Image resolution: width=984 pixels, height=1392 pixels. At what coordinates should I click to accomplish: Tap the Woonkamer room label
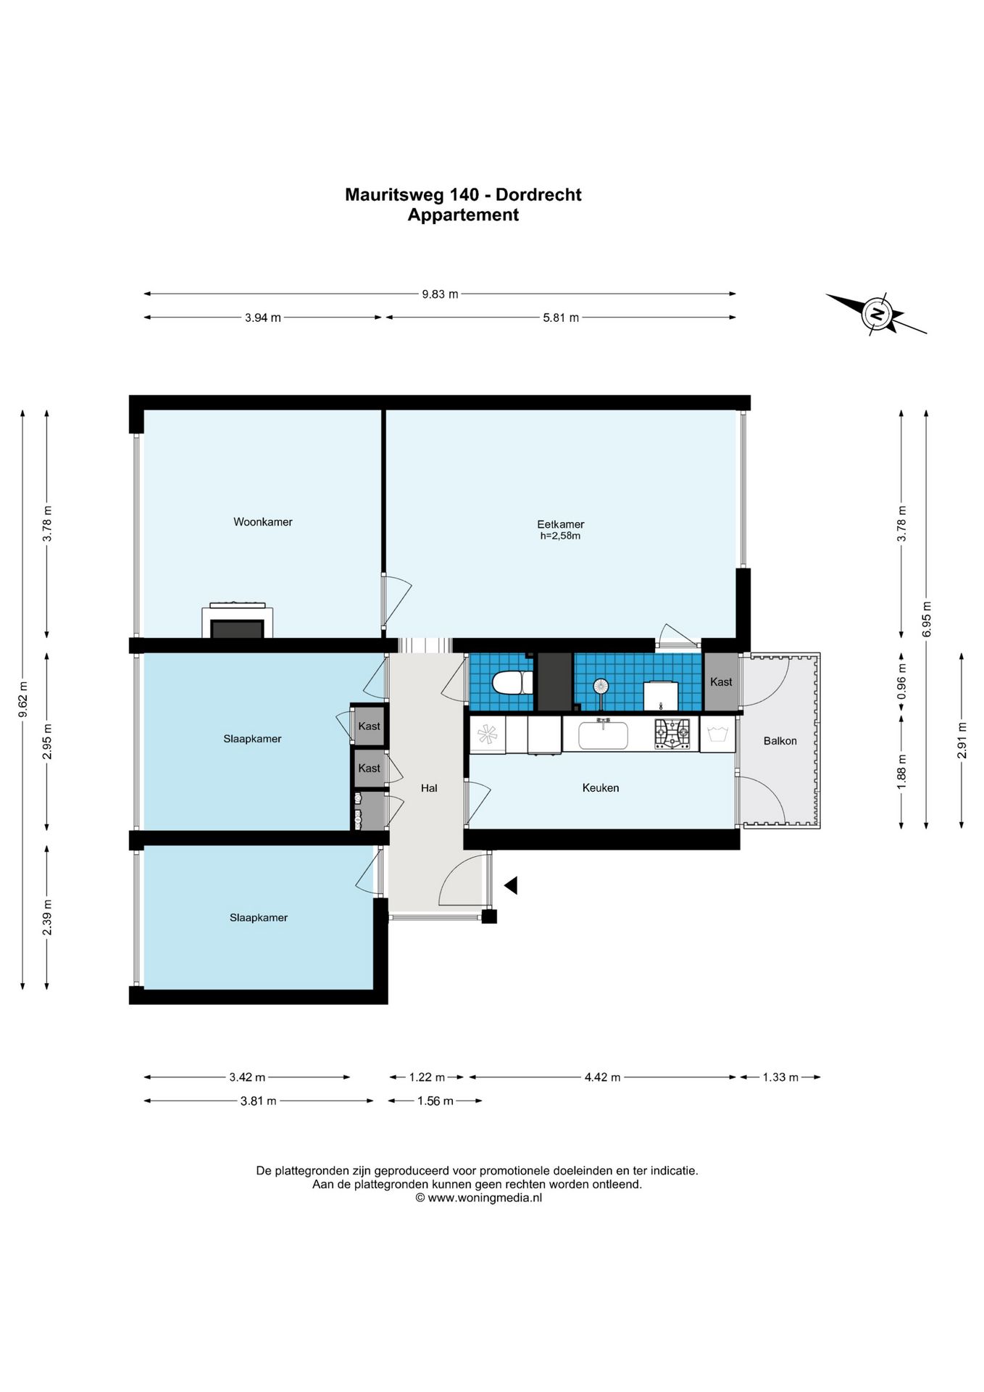point(263,522)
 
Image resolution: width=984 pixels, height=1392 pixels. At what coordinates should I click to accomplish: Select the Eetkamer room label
point(561,524)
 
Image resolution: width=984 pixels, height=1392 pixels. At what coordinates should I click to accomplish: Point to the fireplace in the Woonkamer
point(238,621)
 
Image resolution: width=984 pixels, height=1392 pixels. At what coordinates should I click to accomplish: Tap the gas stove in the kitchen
point(672,734)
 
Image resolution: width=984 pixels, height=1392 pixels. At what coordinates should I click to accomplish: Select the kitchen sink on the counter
point(603,734)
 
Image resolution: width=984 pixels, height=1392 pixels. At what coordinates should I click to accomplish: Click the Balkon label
point(780,741)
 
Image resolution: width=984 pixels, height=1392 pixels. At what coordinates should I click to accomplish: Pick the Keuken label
point(601,788)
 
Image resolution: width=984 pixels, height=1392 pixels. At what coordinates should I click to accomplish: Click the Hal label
point(429,788)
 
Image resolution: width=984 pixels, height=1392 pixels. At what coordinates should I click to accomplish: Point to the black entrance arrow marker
point(511,884)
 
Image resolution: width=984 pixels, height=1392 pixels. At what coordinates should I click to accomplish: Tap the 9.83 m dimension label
point(440,294)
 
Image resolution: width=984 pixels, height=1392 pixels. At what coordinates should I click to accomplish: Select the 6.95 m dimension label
point(927,620)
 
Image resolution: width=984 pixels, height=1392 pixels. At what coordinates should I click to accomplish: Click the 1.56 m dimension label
point(435,1101)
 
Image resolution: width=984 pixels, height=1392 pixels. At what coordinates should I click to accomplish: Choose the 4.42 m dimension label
point(603,1077)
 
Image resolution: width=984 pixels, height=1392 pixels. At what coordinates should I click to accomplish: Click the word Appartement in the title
point(463,215)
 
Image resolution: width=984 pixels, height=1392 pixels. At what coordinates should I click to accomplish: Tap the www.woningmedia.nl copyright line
point(478,1198)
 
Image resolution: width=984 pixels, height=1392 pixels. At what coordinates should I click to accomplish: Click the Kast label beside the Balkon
point(721,682)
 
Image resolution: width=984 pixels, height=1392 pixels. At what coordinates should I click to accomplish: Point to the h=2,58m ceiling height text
point(561,536)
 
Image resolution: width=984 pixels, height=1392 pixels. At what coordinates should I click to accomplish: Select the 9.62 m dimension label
point(23,700)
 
